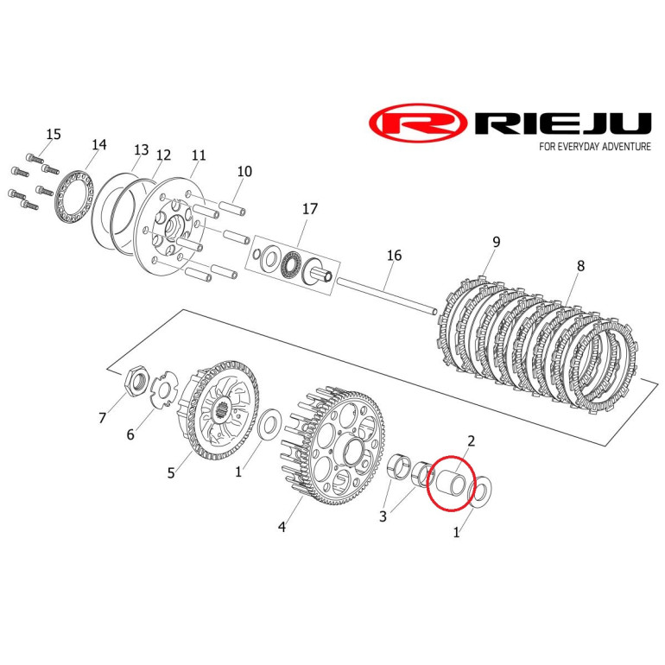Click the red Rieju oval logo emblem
point(418,123)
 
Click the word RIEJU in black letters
point(563,123)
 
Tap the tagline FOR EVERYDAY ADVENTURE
point(595,147)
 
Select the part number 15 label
point(54,134)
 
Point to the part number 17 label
point(310,209)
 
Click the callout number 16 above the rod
point(394,256)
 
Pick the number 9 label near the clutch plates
point(497,242)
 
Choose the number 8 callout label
point(580,266)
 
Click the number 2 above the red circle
point(471,441)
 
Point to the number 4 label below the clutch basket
point(282,527)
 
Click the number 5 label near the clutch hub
point(171,472)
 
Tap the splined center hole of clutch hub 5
point(220,410)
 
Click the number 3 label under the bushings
point(383,516)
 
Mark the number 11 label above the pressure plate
point(199,155)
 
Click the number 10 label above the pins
point(244,171)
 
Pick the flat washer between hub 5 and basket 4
point(269,425)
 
